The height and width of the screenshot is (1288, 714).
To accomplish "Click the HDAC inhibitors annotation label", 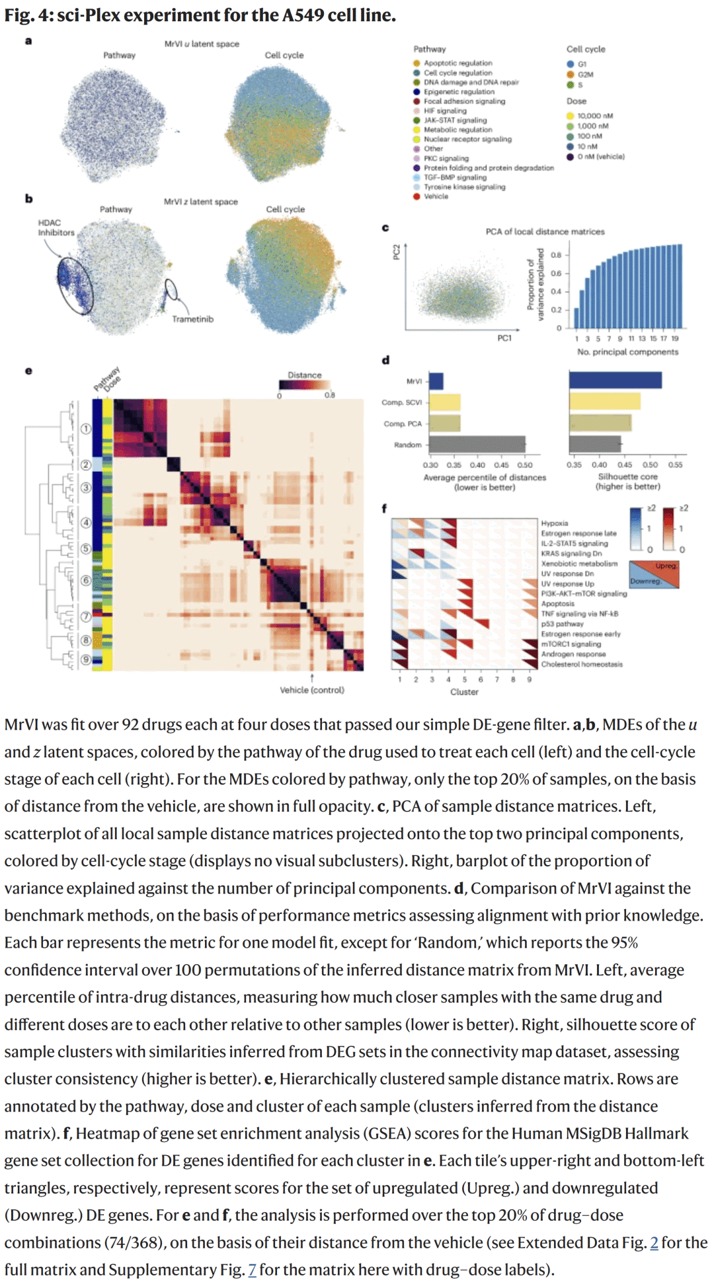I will (x=56, y=227).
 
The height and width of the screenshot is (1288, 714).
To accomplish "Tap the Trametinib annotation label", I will (x=192, y=319).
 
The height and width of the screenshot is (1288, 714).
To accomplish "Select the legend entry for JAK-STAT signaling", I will (x=455, y=120).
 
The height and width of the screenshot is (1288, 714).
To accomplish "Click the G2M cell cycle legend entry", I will (x=585, y=75).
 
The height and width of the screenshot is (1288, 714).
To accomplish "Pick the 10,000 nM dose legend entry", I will (x=594, y=116).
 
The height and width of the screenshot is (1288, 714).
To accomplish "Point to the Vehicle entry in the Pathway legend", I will (x=436, y=196).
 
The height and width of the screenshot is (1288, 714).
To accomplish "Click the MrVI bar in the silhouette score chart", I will (x=615, y=380).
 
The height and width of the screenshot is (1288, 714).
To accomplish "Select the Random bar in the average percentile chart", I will (x=477, y=444).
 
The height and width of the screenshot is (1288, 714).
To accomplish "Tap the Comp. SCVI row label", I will (x=401, y=402).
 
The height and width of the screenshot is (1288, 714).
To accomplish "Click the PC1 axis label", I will (x=504, y=338).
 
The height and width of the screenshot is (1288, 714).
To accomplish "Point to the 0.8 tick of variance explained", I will (x=556, y=255).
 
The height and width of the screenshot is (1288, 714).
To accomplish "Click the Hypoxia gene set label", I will (x=555, y=523).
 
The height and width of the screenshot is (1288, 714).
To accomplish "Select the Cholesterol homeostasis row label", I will (x=582, y=664).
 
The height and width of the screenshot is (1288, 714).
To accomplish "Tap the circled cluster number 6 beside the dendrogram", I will (x=86, y=580).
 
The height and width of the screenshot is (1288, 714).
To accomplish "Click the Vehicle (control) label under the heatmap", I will (x=312, y=690).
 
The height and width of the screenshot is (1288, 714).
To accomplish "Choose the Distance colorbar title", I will (x=304, y=375).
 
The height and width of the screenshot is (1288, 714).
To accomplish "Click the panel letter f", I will (x=384, y=508).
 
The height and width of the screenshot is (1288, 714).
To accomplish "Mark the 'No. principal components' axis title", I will (x=627, y=352).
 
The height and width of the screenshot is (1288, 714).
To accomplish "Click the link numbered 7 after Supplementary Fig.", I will (x=252, y=1269).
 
